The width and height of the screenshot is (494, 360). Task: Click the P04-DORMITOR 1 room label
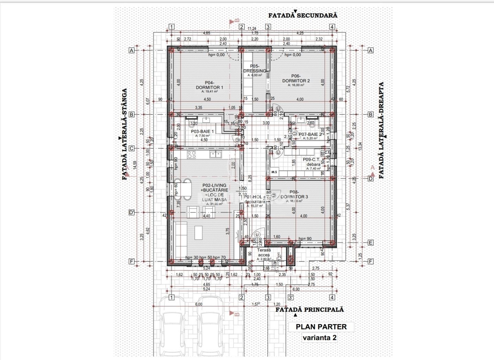209,85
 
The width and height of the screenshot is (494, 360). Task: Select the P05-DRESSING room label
255,69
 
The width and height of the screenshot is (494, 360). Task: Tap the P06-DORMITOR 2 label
296,79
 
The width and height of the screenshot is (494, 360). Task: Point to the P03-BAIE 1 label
202,131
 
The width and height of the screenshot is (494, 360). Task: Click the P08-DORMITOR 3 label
294,195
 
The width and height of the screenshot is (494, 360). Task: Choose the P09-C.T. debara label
311,162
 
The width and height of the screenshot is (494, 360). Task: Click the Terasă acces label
264,253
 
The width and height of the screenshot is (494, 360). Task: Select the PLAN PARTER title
321,327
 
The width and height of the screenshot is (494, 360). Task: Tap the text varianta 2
319,338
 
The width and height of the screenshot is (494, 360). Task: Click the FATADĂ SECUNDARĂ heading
303,15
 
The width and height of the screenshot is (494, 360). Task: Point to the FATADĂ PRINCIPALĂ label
309,309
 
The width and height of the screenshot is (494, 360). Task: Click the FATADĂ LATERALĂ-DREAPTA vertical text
381,130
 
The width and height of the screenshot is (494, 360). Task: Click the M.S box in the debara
274,172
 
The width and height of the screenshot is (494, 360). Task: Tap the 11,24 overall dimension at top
252,29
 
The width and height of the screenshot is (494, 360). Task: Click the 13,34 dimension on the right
360,146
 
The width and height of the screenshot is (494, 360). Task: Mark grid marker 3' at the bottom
291,297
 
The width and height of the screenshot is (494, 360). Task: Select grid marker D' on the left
131,212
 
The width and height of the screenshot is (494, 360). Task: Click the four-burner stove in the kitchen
191,155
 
